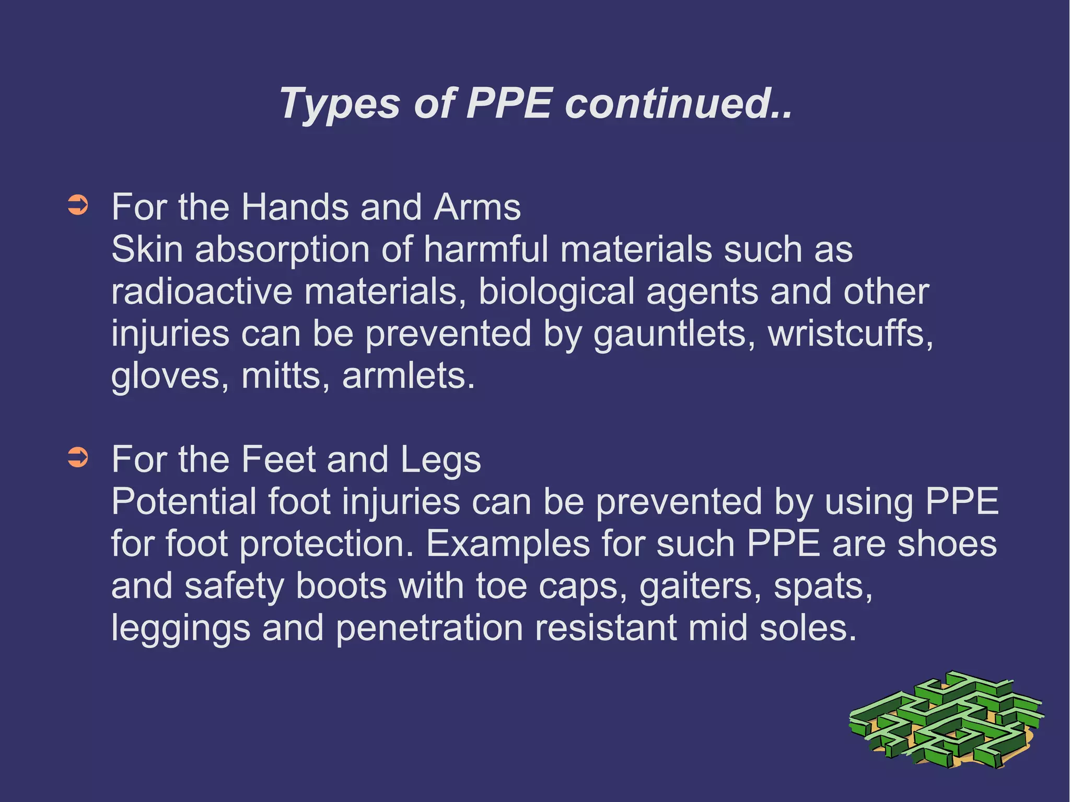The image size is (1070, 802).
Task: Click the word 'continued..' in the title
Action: click(678, 103)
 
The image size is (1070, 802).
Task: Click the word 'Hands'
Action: click(295, 207)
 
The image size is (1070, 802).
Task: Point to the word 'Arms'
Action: click(477, 207)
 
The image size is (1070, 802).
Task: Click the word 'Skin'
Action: click(147, 249)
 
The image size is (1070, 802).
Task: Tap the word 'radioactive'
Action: click(202, 292)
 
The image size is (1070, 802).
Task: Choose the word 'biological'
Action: click(556, 293)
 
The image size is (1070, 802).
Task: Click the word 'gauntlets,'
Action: click(674, 334)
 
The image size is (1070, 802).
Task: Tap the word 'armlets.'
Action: click(409, 376)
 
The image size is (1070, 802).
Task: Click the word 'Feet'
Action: click(278, 460)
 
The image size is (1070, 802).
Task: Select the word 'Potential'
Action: click(183, 502)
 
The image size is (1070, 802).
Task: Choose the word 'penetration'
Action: click(429, 629)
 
